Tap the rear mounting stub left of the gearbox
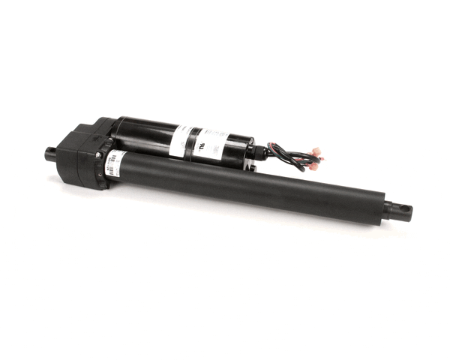coord(51,154)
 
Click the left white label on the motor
coord(179,140)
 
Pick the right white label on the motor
coord(213,144)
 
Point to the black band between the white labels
coord(195,142)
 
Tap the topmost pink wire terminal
coord(316,151)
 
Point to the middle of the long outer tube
coord(247,187)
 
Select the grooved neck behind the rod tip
coord(388,208)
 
